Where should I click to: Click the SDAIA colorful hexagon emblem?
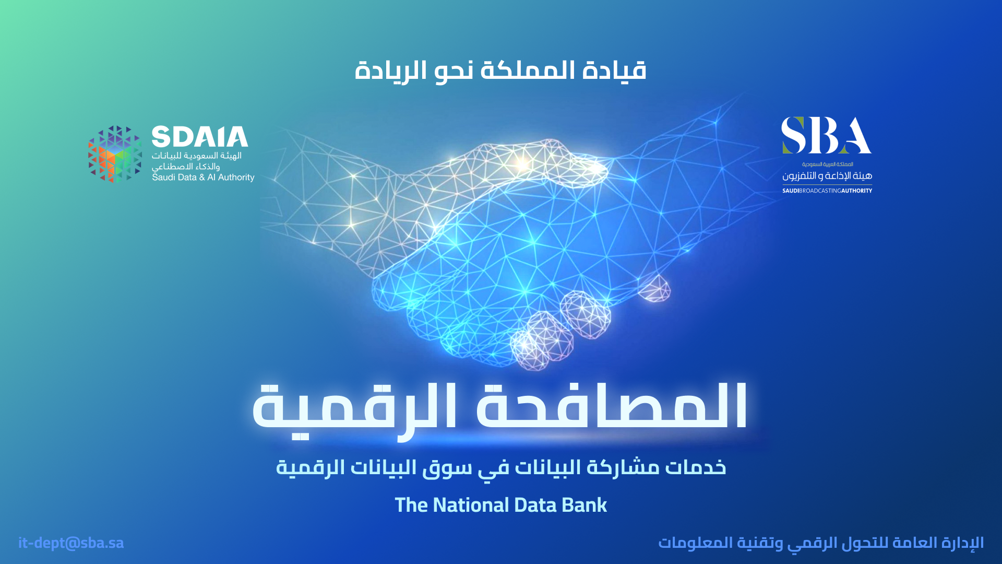[115, 154]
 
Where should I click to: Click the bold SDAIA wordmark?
[200, 137]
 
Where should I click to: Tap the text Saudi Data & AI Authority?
[203, 178]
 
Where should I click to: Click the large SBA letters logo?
[826, 135]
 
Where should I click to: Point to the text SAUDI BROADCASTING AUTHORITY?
[827, 191]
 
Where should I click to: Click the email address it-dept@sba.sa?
[71, 543]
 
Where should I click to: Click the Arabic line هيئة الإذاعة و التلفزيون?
[827, 176]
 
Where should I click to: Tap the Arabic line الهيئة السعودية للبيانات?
[197, 156]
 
